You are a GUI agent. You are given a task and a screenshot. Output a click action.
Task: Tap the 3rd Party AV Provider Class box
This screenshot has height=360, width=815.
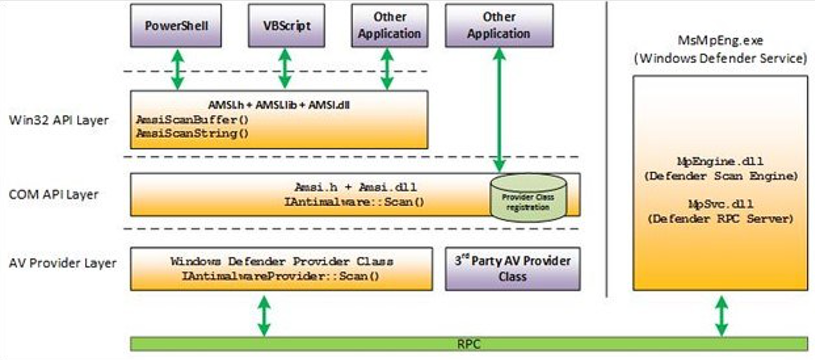[x=513, y=268]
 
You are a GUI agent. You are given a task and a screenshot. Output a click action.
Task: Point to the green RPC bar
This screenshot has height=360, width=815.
[x=469, y=344]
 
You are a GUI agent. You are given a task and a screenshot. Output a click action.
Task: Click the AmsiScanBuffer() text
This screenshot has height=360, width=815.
[x=192, y=120]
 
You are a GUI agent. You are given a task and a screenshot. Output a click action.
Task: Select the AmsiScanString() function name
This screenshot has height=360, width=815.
[x=192, y=133]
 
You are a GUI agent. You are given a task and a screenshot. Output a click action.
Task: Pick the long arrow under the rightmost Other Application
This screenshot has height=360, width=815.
[x=499, y=110]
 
